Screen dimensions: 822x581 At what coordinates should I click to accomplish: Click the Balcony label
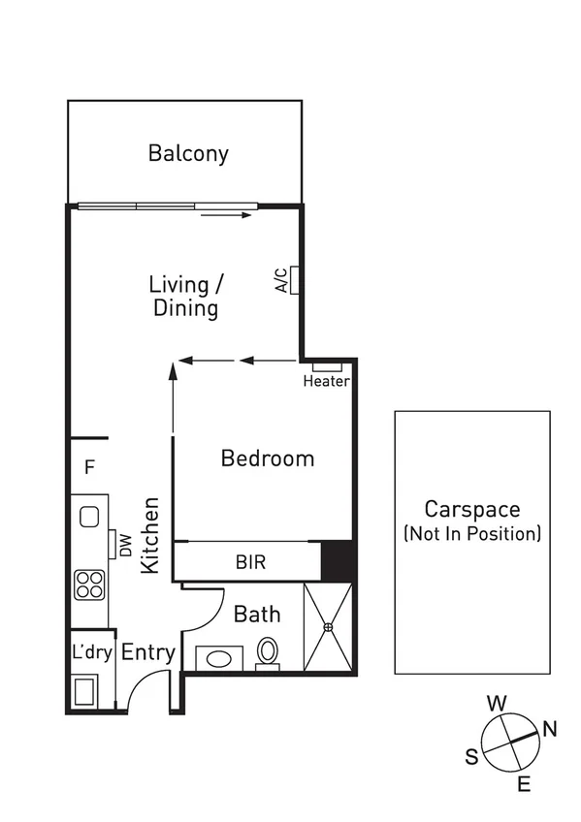point(188,153)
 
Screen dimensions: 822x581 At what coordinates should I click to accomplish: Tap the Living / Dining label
point(186,297)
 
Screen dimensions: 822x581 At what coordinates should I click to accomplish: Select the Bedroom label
point(268,458)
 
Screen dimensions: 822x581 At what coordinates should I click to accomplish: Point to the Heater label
point(326,381)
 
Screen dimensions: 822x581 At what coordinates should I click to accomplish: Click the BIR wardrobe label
point(250,561)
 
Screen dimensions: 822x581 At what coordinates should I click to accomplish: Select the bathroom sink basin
point(219,658)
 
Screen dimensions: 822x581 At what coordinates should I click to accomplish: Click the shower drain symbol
point(329,627)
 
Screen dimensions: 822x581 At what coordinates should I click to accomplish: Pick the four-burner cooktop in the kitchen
point(90,585)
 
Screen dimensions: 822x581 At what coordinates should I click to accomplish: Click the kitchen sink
point(90,516)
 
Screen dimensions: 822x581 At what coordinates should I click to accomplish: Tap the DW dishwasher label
point(126,546)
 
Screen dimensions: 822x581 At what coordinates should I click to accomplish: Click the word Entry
point(147,653)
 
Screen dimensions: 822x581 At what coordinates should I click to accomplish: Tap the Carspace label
point(472,510)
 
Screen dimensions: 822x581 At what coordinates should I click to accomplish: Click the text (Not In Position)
point(472,534)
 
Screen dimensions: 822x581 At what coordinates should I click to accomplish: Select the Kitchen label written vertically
point(151,535)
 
